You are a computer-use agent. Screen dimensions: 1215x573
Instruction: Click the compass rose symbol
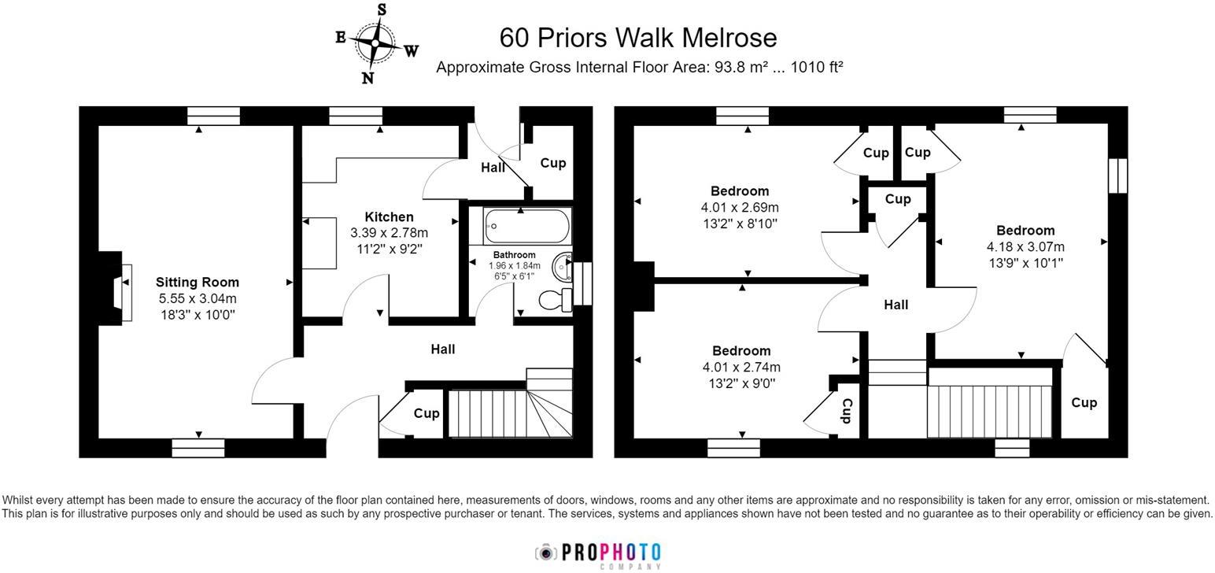(375, 43)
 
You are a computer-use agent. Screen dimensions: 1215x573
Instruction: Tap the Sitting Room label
(198, 282)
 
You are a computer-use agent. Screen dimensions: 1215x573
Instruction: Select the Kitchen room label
(389, 217)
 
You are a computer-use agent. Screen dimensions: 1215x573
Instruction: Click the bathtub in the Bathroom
(527, 226)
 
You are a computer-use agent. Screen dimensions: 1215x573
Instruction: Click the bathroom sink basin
(563, 267)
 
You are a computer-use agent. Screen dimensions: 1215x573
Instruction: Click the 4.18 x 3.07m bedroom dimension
(1025, 247)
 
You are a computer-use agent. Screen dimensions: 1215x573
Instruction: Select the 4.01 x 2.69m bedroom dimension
(740, 207)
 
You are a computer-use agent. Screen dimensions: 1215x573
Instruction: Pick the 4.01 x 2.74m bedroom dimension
(741, 367)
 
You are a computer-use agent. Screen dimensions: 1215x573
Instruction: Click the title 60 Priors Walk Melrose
(638, 38)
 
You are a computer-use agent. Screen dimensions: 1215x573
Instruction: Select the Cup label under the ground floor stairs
(427, 413)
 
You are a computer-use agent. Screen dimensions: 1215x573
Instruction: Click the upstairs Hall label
(896, 305)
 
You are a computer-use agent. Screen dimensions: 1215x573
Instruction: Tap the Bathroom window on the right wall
(583, 284)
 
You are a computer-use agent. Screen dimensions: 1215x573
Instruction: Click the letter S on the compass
(382, 9)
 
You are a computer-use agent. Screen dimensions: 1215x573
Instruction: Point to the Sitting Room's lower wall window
(198, 448)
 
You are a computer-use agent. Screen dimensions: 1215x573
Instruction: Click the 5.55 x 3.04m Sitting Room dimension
(198, 298)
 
